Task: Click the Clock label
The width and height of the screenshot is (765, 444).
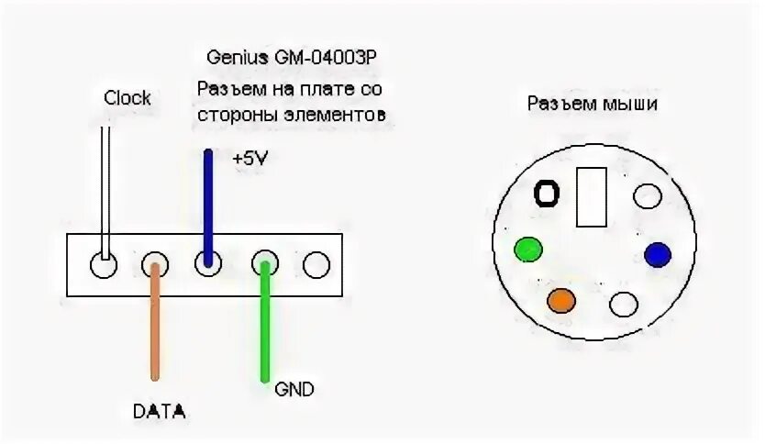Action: (127, 98)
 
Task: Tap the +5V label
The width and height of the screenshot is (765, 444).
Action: (251, 158)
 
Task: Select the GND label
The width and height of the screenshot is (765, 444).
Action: (294, 389)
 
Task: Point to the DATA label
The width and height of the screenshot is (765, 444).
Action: (159, 412)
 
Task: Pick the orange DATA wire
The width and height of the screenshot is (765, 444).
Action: (155, 321)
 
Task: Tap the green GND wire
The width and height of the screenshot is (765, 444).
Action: (265, 321)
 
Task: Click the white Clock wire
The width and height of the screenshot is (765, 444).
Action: (106, 183)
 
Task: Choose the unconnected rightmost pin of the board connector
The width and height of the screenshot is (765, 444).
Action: (316, 266)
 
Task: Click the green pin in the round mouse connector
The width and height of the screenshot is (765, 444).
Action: (528, 249)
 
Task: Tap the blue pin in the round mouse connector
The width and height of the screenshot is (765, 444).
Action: (658, 254)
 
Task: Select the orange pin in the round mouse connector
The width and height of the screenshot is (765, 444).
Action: (560, 299)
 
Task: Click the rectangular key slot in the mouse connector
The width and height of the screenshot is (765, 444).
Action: (591, 197)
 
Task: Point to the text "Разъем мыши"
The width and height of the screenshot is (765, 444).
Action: (592, 104)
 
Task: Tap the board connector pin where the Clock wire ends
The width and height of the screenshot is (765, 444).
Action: (103, 266)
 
